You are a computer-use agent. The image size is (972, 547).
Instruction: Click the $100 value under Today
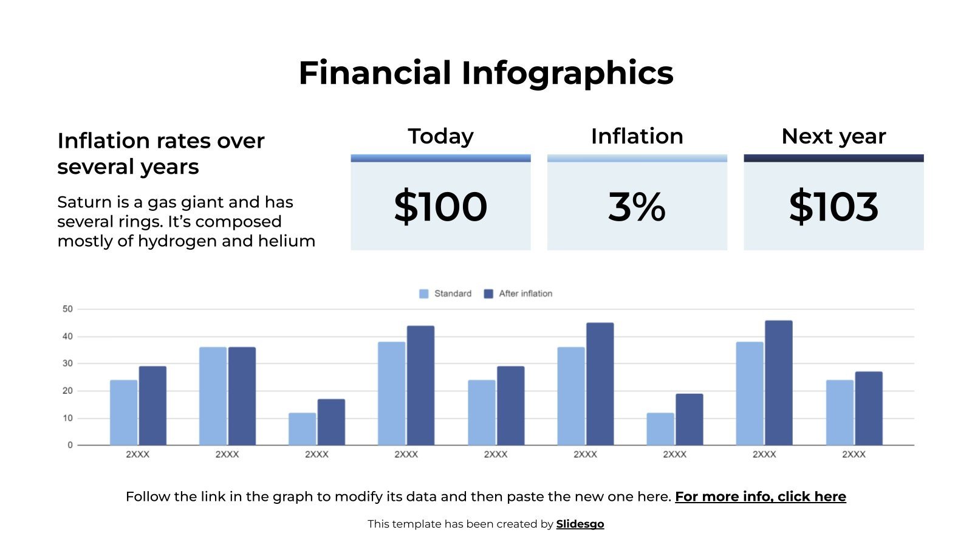440,207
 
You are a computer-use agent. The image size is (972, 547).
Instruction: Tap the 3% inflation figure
637,207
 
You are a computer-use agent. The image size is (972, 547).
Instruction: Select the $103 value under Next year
833,207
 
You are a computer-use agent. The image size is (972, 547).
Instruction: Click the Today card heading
440,136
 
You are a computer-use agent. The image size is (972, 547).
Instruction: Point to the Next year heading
833,136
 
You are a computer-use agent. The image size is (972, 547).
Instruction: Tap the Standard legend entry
446,294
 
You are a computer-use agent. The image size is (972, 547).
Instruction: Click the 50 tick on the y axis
67,309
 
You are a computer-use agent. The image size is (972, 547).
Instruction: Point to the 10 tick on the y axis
67,418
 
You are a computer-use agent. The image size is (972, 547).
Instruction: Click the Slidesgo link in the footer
580,524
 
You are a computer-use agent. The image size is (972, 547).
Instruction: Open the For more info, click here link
760,497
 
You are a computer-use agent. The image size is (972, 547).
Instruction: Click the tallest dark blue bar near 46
778,383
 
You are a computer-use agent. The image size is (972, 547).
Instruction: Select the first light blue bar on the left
123,413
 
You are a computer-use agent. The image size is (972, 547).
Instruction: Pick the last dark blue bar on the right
868,408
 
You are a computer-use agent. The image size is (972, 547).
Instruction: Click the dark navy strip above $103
833,158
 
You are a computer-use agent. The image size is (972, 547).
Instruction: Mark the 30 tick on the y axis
67,363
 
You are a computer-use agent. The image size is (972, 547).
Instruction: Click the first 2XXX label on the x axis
137,454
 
